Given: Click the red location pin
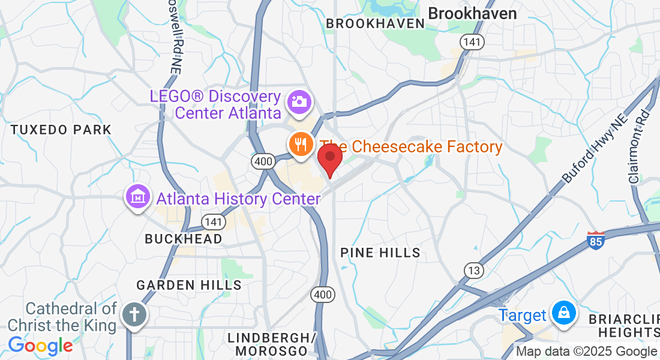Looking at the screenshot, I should tap(329, 158).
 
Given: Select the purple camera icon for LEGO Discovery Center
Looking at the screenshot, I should tap(298, 101).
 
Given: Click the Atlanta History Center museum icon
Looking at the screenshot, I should tap(137, 196).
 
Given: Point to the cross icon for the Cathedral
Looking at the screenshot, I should tap(133, 314).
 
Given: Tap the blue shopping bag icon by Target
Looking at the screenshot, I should tap(563, 313).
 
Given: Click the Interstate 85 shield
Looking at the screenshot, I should tap(595, 240).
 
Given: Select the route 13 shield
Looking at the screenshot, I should tap(474, 271).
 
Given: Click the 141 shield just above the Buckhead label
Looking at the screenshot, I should tap(213, 221).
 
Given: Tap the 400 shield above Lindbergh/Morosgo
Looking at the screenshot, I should tap(323, 294).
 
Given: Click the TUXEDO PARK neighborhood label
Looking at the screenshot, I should tap(61, 130).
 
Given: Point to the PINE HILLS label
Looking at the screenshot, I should tap(380, 253).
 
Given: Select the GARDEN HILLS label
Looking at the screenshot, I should tap(188, 285).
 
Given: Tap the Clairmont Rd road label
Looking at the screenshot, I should tap(639, 147).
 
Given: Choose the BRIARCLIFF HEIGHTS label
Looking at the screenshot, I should tap(624, 325).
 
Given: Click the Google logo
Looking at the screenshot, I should tap(40, 346).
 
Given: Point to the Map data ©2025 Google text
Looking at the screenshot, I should tap(586, 352).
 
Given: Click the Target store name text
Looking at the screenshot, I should tap(523, 315).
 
